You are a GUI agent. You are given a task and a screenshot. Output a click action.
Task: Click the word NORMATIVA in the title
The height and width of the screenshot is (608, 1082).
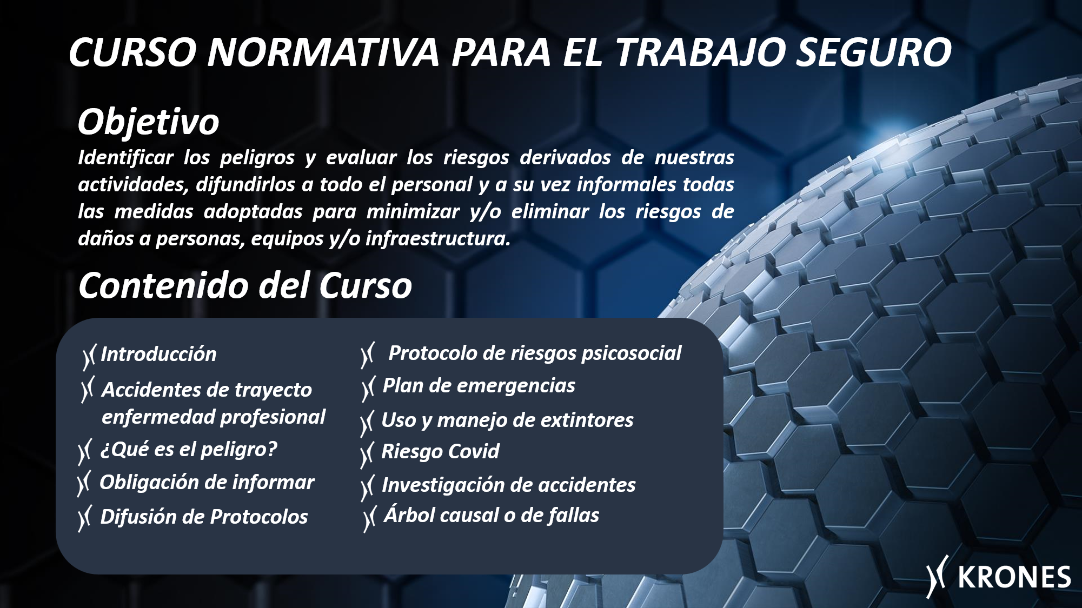click(323, 52)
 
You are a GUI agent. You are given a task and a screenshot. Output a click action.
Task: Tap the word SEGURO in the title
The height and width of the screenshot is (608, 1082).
click(874, 52)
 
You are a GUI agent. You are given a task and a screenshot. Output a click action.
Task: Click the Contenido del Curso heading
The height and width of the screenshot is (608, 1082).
click(245, 285)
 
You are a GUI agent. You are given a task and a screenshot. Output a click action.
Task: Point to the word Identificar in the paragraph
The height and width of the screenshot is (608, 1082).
click(125, 157)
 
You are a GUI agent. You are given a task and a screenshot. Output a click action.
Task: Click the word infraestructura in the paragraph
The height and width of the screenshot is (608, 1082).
click(437, 238)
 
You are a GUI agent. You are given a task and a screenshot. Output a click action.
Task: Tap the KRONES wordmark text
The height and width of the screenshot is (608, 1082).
click(1014, 577)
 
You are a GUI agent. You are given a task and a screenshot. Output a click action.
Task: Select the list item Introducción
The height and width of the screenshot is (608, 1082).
click(158, 354)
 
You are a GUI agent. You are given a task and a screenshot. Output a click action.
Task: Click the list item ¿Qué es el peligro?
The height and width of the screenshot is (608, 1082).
click(189, 449)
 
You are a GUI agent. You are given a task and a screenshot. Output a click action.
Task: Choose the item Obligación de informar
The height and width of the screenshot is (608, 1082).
click(207, 482)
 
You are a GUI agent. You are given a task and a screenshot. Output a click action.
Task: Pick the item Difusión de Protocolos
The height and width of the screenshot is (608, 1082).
click(204, 517)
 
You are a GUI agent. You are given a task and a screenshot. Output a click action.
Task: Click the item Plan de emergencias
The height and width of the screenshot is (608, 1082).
click(479, 386)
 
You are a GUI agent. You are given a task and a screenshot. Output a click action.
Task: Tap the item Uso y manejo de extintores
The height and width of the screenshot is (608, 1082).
click(507, 420)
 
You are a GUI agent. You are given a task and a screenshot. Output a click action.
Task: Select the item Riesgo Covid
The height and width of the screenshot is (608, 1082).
click(440, 452)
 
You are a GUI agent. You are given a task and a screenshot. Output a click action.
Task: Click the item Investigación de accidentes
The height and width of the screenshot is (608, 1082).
click(508, 485)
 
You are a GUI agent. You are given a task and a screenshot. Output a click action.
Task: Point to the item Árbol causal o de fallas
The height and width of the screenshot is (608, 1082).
click(492, 515)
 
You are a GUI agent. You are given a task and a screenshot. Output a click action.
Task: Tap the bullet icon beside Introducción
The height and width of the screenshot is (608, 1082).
click(89, 357)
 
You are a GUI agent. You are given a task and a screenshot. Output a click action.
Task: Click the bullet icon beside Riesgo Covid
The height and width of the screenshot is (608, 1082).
click(367, 455)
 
